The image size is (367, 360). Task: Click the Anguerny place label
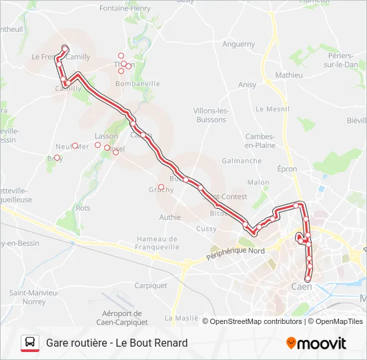click(x=238, y=45)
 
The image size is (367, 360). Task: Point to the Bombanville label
click(x=137, y=84)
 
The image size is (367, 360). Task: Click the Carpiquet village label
click(x=151, y=285)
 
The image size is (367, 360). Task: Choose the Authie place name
click(x=170, y=217)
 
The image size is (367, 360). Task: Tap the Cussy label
click(x=207, y=229)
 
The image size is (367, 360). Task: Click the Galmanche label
click(x=242, y=161)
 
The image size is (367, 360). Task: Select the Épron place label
click(x=288, y=169)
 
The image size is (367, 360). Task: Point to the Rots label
click(x=83, y=208)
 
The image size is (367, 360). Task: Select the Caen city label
click(x=302, y=287)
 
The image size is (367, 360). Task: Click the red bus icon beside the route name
click(x=30, y=343)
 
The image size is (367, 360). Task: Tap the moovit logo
click(x=316, y=343)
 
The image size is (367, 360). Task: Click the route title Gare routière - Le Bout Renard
click(x=117, y=343)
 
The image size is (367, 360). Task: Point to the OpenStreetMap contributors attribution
click(x=256, y=321)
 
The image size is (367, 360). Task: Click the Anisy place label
click(x=247, y=85)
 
